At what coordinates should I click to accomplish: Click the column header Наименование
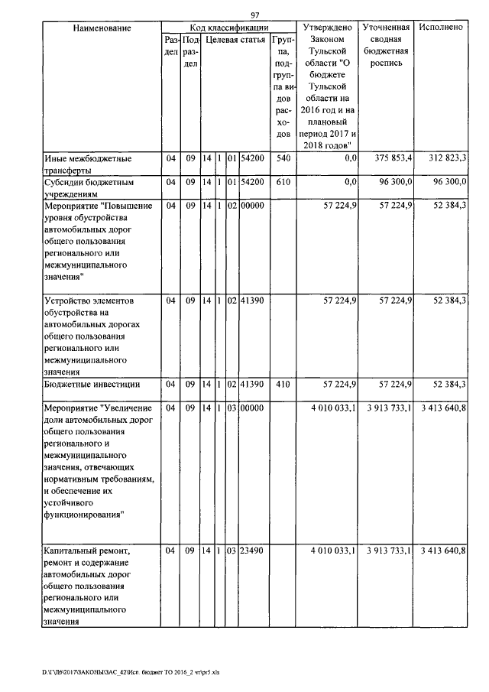[102, 28]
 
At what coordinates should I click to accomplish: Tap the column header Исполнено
[442, 28]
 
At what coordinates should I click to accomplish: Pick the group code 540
[283, 158]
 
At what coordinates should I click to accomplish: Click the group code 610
[283, 182]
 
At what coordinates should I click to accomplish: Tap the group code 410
[283, 385]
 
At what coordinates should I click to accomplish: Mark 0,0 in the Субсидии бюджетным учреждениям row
[351, 182]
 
